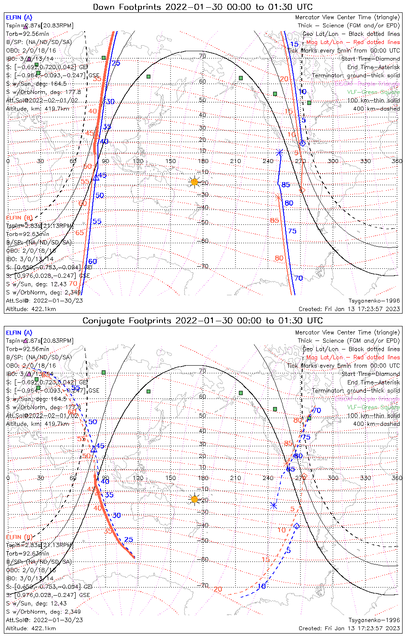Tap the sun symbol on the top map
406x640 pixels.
pos(194,182)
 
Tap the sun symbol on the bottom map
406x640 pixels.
pos(194,499)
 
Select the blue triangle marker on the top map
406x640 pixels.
pos(96,177)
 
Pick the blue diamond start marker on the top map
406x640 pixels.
pos(303,143)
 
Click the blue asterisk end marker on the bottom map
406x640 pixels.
pos(274,506)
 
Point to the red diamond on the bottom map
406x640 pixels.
pos(304,476)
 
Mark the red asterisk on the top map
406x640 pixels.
pos(279,198)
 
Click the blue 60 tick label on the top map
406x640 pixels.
pos(92,262)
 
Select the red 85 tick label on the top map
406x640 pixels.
pos(274,220)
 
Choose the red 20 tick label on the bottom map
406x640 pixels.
pos(218,589)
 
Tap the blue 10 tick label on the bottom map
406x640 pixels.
pos(262,586)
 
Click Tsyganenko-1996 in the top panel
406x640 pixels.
pos(374,300)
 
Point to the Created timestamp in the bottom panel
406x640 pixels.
pos(350,628)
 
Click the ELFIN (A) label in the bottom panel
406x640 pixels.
pos(19,332)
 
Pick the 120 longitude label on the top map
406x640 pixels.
pos(138,161)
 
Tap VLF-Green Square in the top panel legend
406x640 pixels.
pos(373,92)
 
